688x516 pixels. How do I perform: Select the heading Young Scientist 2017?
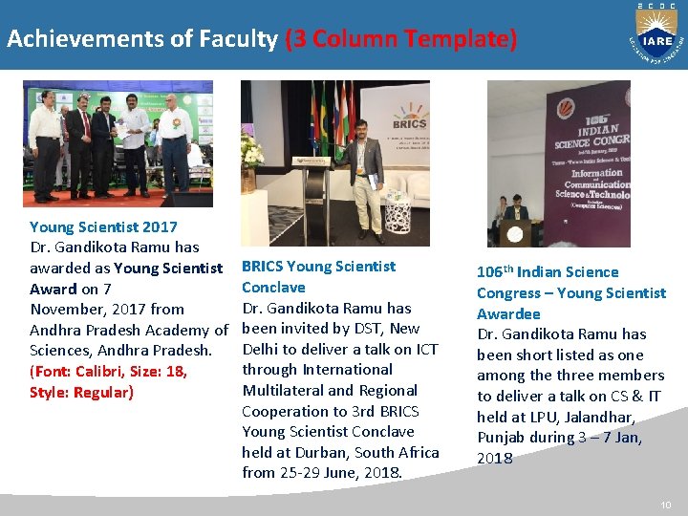point(103,226)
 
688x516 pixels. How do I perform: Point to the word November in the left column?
point(68,309)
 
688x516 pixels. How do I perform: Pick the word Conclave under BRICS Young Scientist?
point(273,287)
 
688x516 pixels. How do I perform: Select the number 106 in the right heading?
point(490,272)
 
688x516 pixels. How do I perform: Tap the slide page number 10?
point(666,504)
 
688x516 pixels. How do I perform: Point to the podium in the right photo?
point(515,231)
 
